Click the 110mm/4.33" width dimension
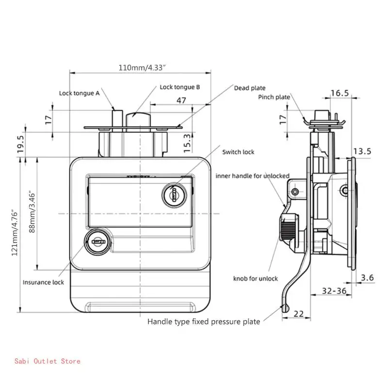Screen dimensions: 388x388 [x=142, y=67]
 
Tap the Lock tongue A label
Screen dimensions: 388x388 [x=79, y=93]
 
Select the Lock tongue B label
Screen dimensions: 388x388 [x=179, y=87]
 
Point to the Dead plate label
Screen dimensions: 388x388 [x=250, y=88]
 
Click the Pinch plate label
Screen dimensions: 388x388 [x=274, y=97]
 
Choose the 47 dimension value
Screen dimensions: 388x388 [x=181, y=100]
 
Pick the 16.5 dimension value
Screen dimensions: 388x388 [x=340, y=93]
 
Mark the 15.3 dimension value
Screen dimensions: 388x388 [x=187, y=143]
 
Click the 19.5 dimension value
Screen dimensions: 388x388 [x=20, y=144]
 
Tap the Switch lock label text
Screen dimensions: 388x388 [x=238, y=152]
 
